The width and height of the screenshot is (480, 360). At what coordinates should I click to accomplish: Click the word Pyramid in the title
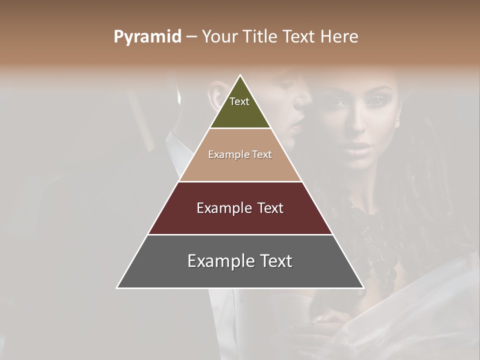coord(147,37)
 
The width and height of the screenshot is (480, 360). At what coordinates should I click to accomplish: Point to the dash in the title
coord(191,37)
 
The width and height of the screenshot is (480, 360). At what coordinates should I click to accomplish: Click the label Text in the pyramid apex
coord(239,101)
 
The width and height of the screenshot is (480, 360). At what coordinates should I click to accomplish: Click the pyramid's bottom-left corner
coord(117,287)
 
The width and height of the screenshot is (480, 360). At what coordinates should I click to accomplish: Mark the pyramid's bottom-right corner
coord(363,287)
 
